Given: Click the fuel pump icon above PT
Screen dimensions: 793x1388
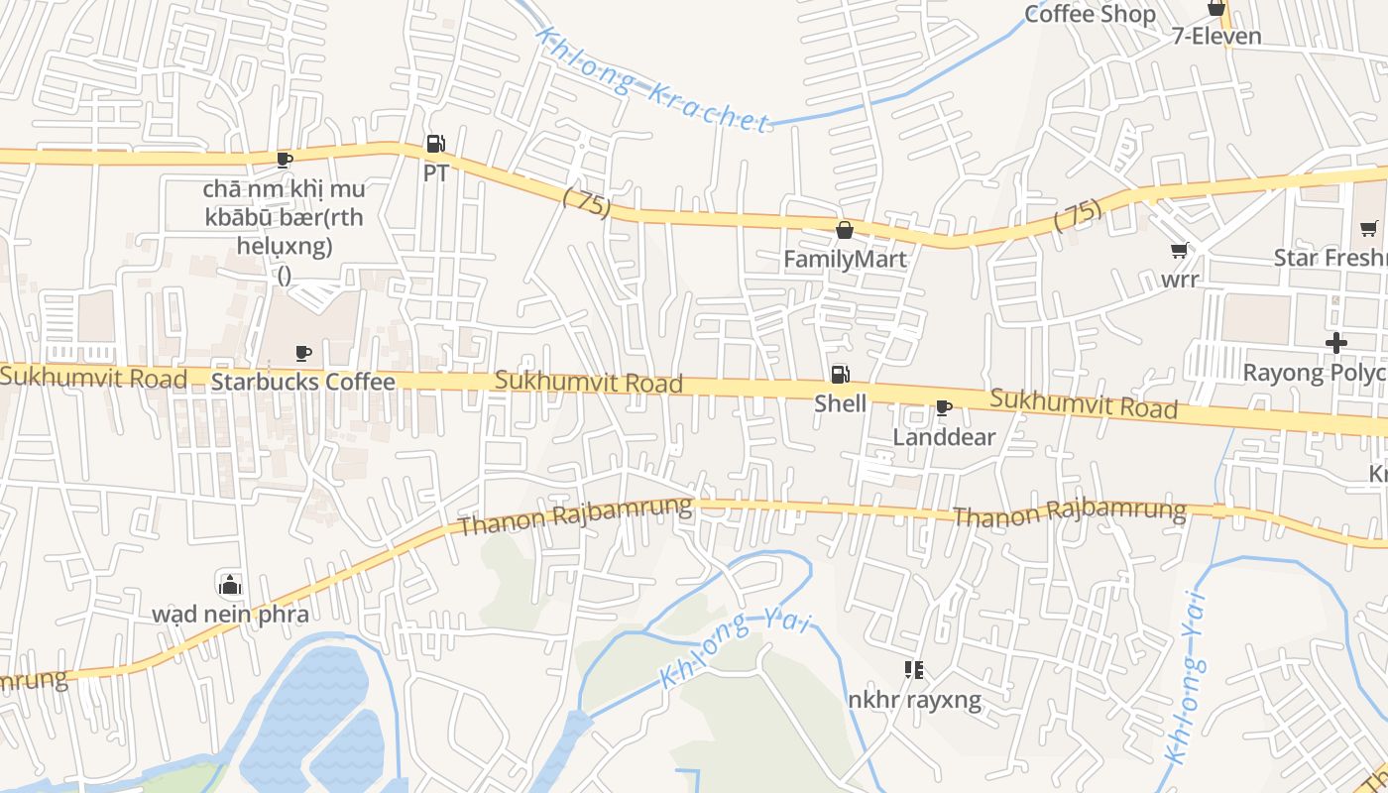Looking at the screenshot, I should (x=435, y=145).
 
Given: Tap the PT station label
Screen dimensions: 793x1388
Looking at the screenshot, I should (x=435, y=172).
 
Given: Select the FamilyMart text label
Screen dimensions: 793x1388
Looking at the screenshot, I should (x=845, y=260).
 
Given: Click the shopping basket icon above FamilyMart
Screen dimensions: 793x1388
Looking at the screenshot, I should (x=845, y=231).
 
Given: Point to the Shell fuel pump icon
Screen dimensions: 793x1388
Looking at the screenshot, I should (x=840, y=375).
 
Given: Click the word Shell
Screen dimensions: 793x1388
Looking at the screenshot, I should (x=840, y=403).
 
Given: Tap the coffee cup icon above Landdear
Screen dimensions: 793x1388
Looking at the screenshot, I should (x=944, y=408).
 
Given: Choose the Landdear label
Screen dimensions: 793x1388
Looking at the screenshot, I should (x=944, y=437).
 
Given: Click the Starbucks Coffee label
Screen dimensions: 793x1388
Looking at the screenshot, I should (x=303, y=382).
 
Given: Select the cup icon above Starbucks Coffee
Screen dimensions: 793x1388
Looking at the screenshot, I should (x=303, y=353).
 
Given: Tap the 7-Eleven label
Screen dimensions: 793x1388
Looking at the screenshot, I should (x=1216, y=37).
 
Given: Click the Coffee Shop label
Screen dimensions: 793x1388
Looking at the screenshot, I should (x=1090, y=14).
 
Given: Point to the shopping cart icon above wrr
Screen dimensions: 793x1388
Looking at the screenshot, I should (x=1180, y=251).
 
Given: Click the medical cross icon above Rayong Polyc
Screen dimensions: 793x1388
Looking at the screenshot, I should (x=1336, y=344).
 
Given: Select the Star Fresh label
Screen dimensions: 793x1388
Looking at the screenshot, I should (x=1330, y=258).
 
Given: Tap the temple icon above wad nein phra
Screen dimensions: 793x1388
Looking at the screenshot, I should (x=230, y=585).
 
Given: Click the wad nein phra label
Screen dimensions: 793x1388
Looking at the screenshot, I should (x=230, y=614).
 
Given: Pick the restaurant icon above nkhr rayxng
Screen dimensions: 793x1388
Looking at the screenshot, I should (x=914, y=671).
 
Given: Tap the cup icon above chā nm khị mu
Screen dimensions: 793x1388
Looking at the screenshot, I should (x=285, y=160).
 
